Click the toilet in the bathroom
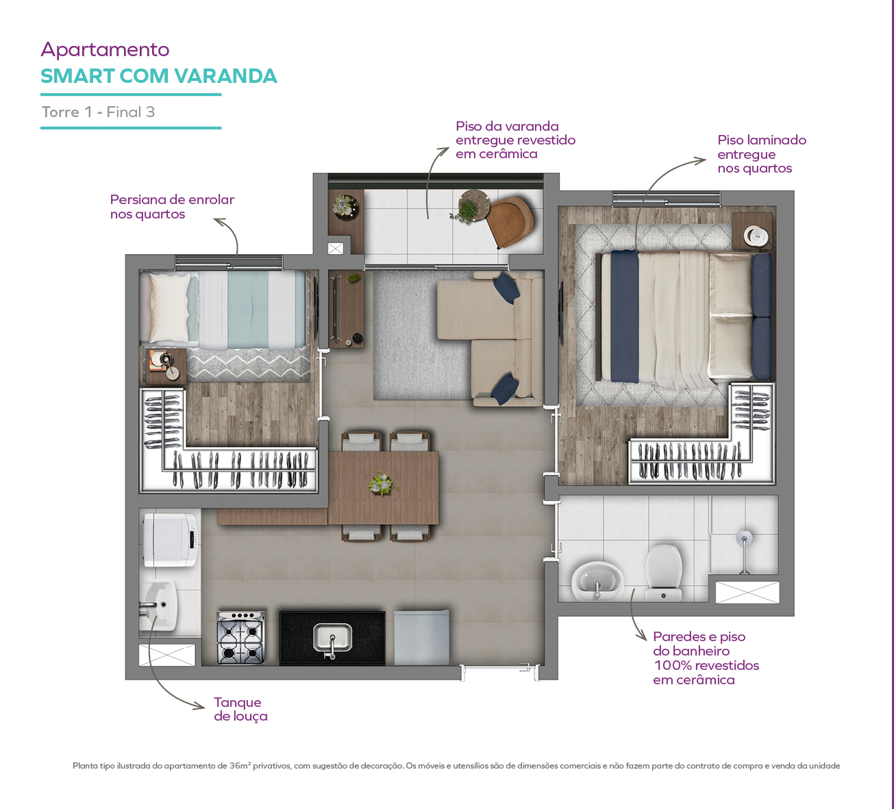coord(664,573)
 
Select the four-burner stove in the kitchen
coord(240,638)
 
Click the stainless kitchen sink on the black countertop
coord(332,639)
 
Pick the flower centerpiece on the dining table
coord(382,484)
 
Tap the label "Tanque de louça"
coord(240,709)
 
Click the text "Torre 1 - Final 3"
coord(98,112)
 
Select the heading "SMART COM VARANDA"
coord(159,76)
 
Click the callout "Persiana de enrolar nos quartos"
coord(172,206)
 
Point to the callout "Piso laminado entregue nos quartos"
coord(762,154)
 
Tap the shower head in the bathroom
coord(744,539)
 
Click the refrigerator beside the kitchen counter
coord(421,637)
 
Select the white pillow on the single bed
coord(171,308)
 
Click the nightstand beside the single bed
coord(166,366)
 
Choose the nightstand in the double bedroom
coord(753,232)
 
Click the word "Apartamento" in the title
coord(105,49)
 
